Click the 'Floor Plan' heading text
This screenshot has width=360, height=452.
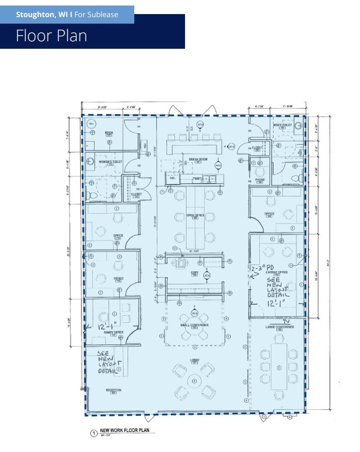click(x=51, y=36)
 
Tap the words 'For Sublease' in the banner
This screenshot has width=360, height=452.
click(x=96, y=15)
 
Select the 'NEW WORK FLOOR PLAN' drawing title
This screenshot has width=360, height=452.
click(x=127, y=430)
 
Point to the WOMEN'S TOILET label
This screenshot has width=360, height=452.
click(x=110, y=162)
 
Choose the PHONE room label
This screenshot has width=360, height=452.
click(x=259, y=179)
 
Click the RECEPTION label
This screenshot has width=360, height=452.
click(x=113, y=390)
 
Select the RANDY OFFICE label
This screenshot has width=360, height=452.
click(x=113, y=332)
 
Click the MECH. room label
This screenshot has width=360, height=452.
click(x=108, y=133)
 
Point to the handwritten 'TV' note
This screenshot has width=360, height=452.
click(x=286, y=321)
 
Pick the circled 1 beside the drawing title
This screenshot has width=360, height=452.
click(x=93, y=433)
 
